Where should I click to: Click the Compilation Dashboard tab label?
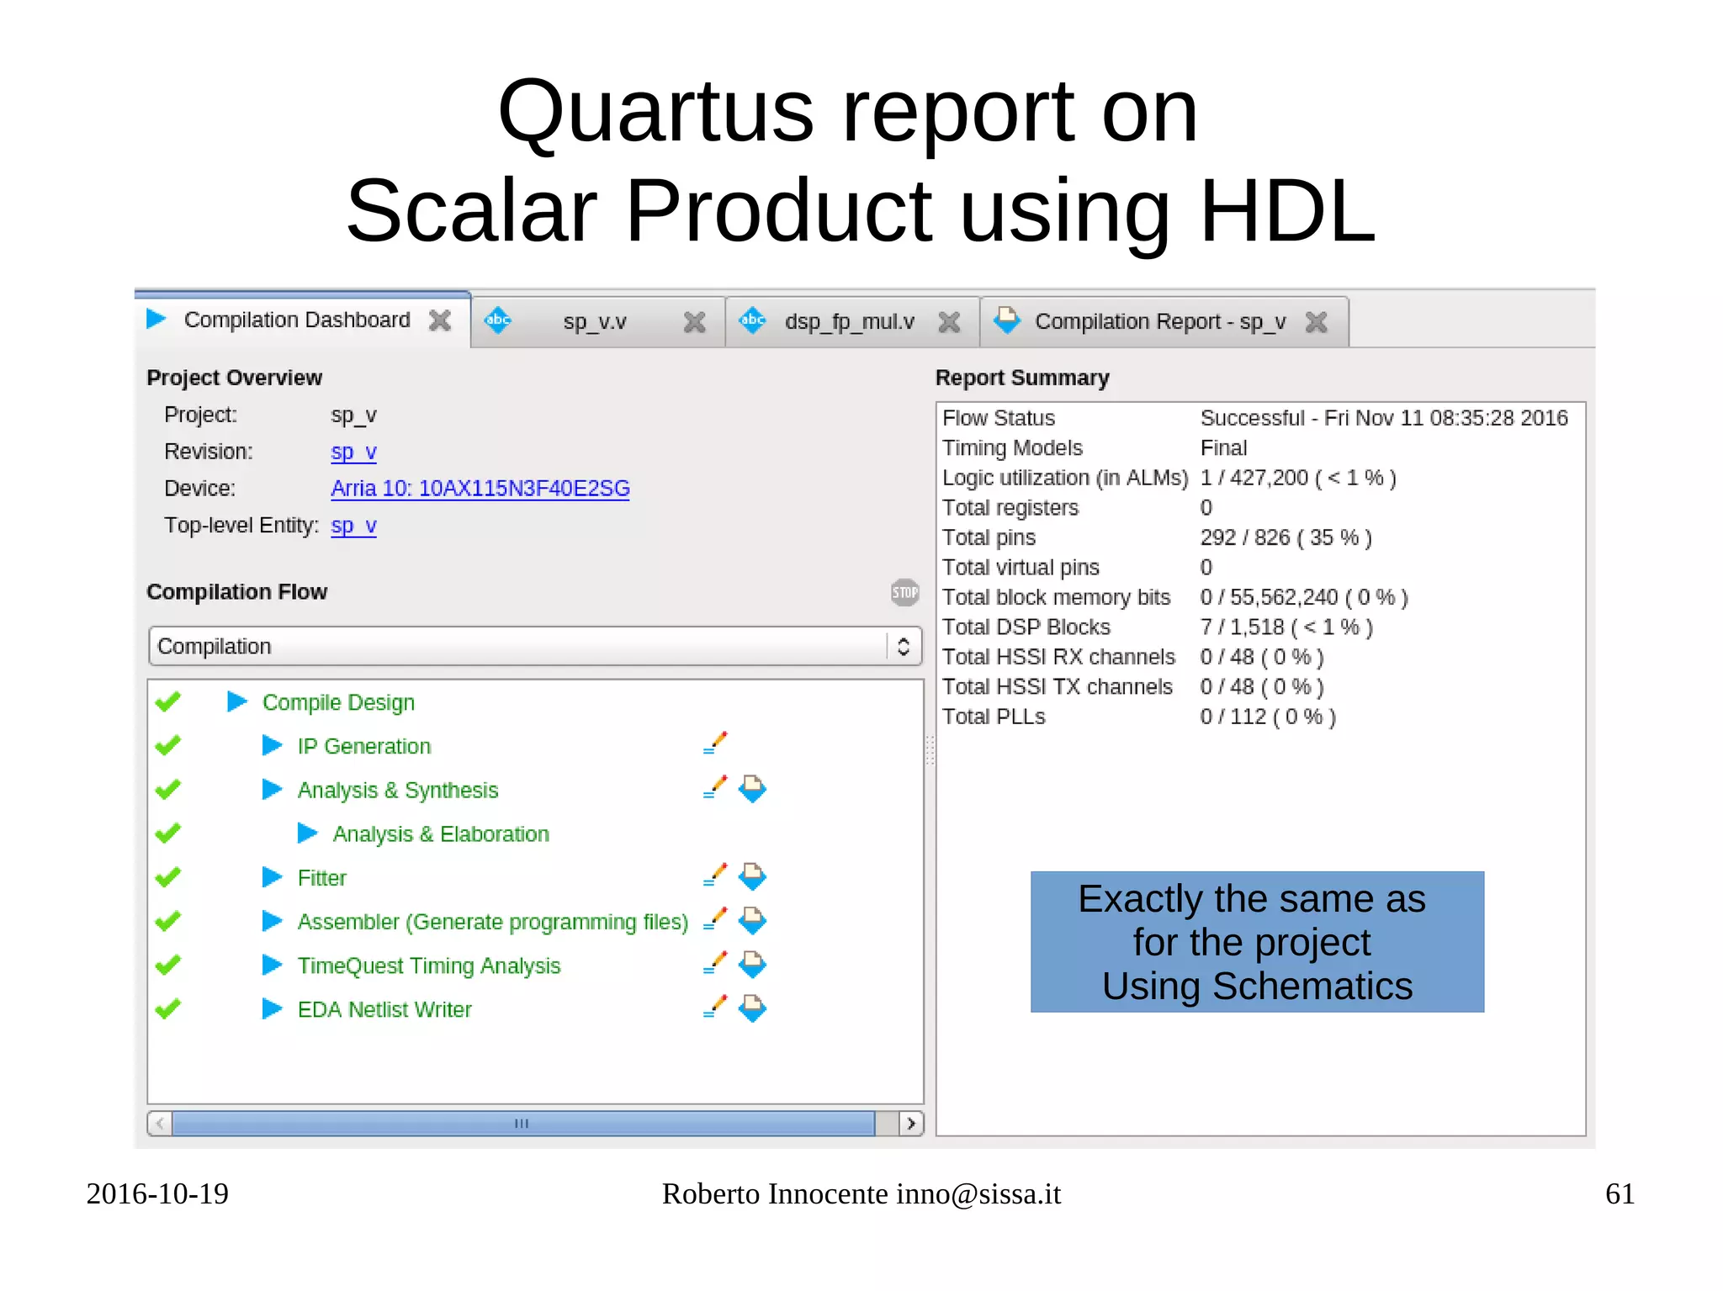[x=296, y=320]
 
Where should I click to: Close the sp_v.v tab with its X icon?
[x=694, y=322]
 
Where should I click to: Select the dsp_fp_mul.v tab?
[x=848, y=322]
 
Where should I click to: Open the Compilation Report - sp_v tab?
[x=1159, y=322]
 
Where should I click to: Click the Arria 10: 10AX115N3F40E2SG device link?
[x=480, y=489]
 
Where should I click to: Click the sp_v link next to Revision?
[x=353, y=452]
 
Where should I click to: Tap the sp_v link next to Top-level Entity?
[x=353, y=526]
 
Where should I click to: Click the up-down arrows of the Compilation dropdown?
[x=904, y=646]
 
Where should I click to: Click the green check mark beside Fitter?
[x=168, y=877]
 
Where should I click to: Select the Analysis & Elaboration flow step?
[x=440, y=834]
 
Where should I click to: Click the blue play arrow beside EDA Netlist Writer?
[x=272, y=1008]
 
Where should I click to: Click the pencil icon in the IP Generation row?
[x=714, y=743]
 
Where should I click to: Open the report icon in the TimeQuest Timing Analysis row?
[x=752, y=965]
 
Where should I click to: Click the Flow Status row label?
[x=998, y=418]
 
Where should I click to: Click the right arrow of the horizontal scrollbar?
[x=910, y=1124]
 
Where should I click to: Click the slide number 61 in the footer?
[x=1619, y=1194]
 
